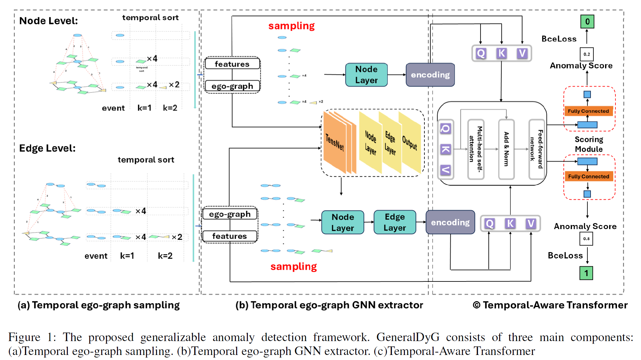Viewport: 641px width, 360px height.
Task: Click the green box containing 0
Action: pyautogui.click(x=587, y=22)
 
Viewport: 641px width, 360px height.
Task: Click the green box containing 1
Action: pyautogui.click(x=586, y=273)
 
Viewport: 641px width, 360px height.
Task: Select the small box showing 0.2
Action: pyautogui.click(x=586, y=54)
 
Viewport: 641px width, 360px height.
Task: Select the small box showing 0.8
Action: pyautogui.click(x=586, y=239)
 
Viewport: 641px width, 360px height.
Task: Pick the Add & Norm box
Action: pyautogui.click(x=506, y=149)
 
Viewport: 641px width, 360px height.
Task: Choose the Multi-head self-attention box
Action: pyautogui.click(x=476, y=149)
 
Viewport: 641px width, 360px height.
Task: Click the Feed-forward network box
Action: pyautogui.click(x=537, y=149)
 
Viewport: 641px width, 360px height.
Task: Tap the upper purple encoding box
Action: pyautogui.click(x=430, y=75)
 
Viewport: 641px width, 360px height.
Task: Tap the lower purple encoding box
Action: pyautogui.click(x=450, y=222)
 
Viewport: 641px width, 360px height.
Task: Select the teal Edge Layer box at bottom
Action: pyautogui.click(x=395, y=222)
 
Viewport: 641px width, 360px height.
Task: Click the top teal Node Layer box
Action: pyautogui.click(x=366, y=75)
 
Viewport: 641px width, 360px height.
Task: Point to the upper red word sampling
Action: pyautogui.click(x=291, y=26)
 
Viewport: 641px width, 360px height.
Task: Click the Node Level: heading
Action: pyautogui.click(x=49, y=21)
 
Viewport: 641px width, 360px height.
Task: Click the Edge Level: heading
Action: pyautogui.click(x=47, y=148)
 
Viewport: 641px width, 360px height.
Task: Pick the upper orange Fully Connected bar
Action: pyautogui.click(x=588, y=111)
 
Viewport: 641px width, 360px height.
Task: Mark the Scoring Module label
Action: pyautogui.click(x=589, y=144)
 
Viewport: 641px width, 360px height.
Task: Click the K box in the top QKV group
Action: pyautogui.click(x=501, y=53)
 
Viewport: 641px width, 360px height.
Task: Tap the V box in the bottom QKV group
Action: pyautogui.click(x=531, y=224)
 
